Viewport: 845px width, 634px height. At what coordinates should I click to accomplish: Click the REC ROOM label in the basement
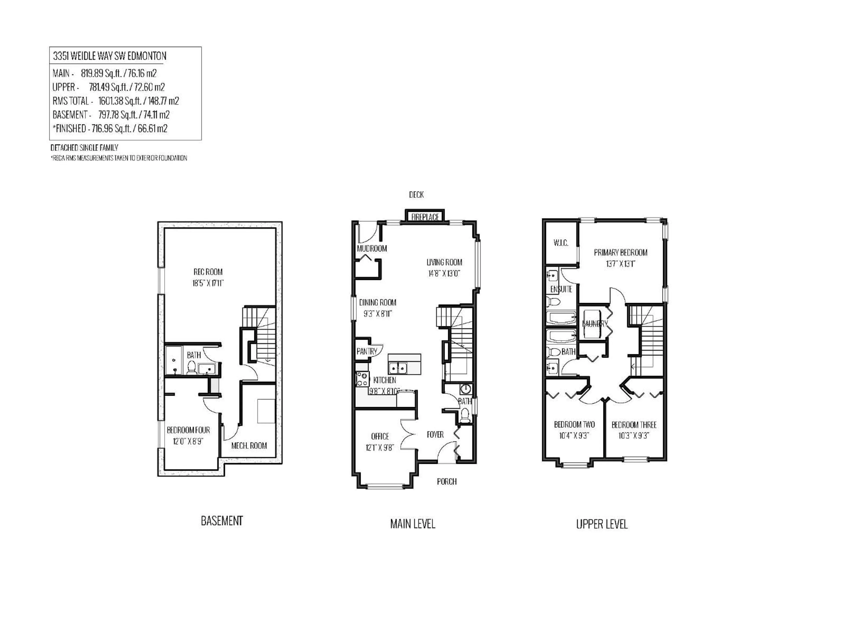(208, 272)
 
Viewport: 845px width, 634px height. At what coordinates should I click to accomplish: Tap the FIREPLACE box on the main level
(425, 217)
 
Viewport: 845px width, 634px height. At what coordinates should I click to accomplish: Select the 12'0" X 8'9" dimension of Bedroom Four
(188, 441)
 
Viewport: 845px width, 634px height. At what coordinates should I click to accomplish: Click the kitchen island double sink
(398, 368)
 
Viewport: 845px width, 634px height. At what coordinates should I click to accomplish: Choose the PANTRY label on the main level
(366, 351)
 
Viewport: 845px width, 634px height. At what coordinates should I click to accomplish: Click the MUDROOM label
(372, 248)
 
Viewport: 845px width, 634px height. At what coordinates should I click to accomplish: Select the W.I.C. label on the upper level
(561, 243)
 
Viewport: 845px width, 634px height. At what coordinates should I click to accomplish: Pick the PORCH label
(446, 481)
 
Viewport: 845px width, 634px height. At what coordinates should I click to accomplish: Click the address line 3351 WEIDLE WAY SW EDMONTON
(110, 56)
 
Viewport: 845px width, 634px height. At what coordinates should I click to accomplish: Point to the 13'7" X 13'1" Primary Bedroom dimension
(620, 264)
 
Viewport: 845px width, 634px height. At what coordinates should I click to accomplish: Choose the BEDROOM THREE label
(634, 425)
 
